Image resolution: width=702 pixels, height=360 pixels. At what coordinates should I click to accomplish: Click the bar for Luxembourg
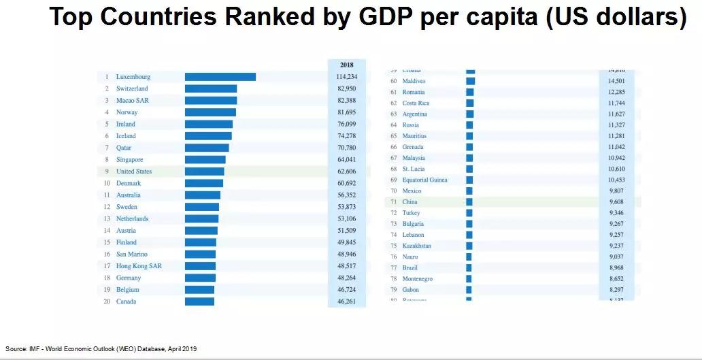(x=220, y=77)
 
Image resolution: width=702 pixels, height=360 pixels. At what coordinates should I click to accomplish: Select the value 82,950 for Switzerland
(x=346, y=88)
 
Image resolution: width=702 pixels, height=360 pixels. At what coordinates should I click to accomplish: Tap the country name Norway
(x=127, y=112)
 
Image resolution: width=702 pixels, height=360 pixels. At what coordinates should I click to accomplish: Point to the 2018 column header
(x=346, y=65)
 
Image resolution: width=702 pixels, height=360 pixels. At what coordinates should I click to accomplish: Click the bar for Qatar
(x=207, y=148)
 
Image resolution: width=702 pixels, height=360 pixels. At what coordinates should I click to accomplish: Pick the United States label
(x=134, y=171)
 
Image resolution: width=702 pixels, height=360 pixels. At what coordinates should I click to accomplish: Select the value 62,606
(x=346, y=171)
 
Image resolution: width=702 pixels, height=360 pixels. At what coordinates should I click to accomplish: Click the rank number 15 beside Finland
(x=107, y=242)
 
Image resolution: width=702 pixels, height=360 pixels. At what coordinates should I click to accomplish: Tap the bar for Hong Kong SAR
(x=200, y=266)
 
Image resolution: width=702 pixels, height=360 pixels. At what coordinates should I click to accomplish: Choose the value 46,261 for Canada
(x=346, y=301)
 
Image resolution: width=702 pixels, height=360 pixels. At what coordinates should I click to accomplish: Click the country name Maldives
(x=414, y=81)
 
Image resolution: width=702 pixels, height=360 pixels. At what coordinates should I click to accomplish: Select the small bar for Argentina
(x=469, y=114)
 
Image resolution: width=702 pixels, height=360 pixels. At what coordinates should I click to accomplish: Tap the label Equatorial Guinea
(x=424, y=180)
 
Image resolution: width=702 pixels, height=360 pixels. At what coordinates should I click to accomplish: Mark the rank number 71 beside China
(x=393, y=202)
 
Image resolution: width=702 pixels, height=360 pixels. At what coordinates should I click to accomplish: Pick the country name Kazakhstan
(x=416, y=246)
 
